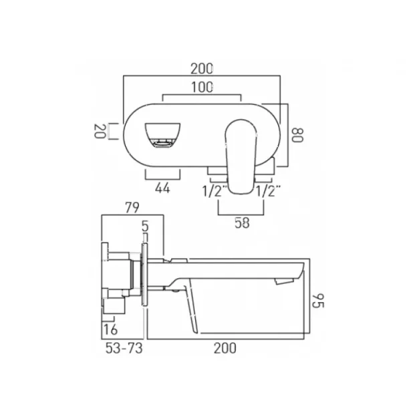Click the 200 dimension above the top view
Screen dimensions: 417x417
pos(201,68)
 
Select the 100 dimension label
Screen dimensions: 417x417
pos(201,87)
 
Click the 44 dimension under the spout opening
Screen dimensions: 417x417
pos(162,188)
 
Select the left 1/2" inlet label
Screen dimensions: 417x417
pos(213,190)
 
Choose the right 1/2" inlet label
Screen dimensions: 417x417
pos(269,190)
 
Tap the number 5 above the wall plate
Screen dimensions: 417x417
pos(145,226)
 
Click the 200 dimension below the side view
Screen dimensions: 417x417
pos(225,348)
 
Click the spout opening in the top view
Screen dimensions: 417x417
pos(162,134)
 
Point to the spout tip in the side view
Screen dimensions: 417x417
pos(294,274)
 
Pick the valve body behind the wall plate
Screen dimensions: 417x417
pos(120,274)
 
